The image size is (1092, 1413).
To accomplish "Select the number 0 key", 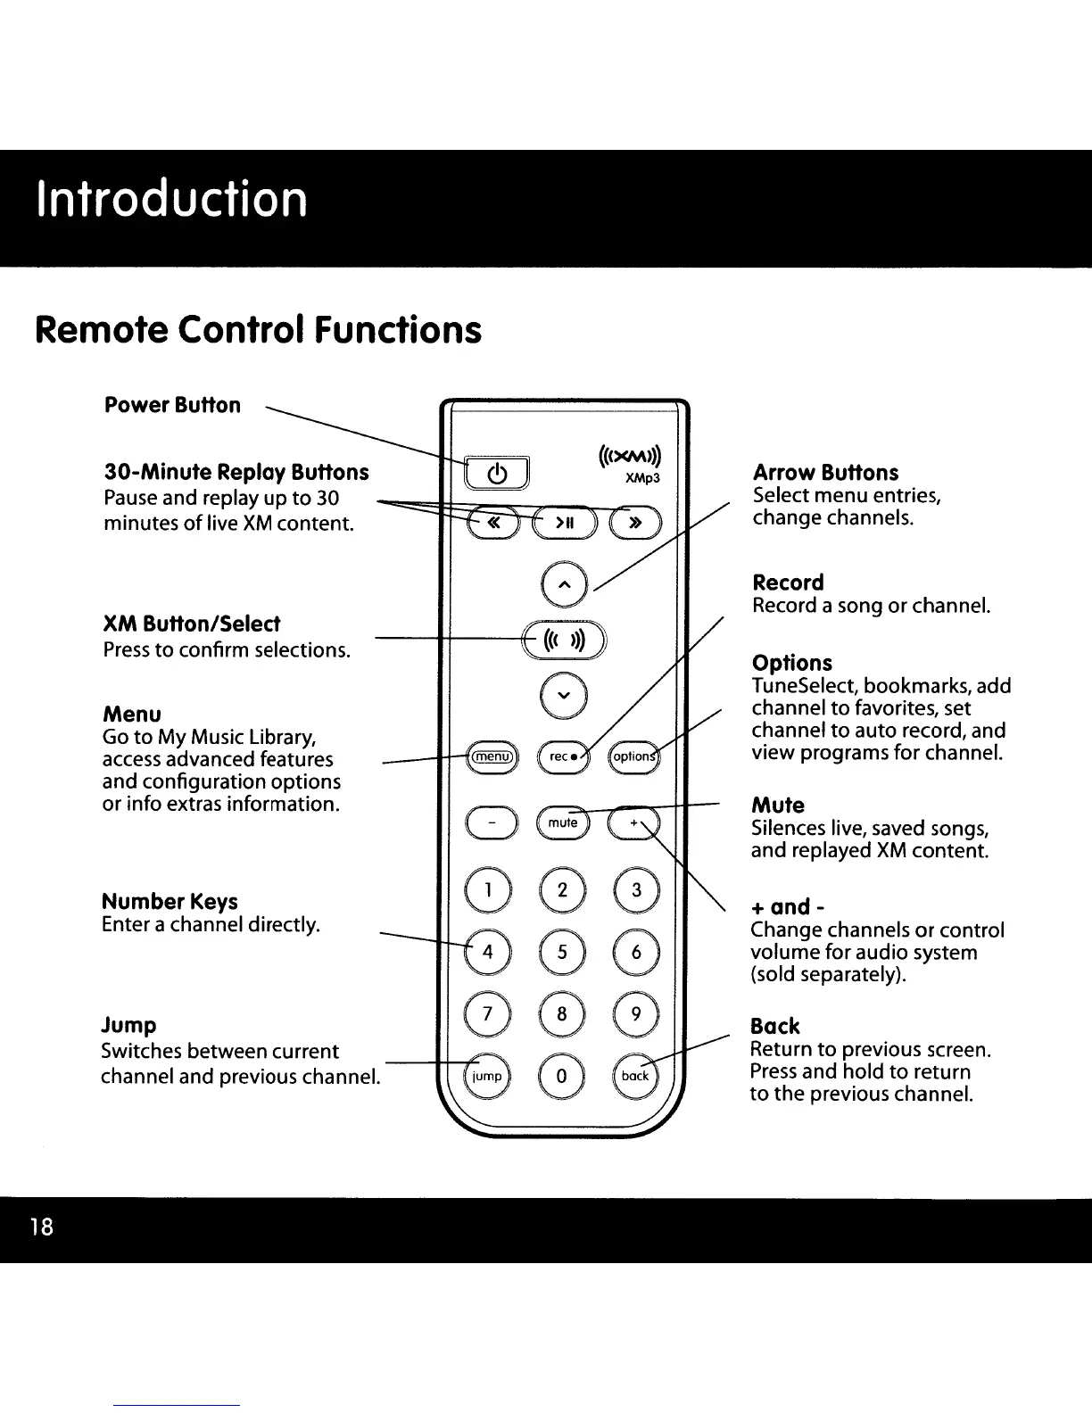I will click(x=562, y=1076).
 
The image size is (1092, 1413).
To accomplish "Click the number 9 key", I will click(x=635, y=1014).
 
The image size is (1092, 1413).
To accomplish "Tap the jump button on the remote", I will click(x=488, y=1076).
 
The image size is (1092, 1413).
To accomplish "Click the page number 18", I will click(x=41, y=1227).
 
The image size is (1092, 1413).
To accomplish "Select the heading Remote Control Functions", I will click(x=258, y=329).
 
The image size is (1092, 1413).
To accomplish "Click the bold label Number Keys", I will click(x=170, y=901).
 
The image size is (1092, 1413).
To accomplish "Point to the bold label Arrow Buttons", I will click(x=825, y=473).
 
